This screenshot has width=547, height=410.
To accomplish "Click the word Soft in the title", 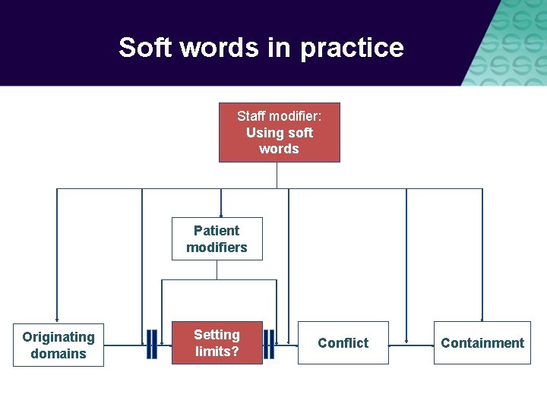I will point(144,48).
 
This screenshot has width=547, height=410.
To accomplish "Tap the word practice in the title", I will point(352,48).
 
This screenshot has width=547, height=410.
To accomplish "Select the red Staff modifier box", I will point(279,132).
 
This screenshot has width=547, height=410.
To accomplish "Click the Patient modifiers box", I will point(217,238).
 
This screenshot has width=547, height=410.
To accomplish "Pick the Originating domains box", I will point(58,345).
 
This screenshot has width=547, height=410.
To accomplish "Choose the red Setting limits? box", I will point(217,342).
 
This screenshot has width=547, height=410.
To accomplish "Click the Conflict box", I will point(343,342).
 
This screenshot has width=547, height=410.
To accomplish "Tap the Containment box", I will point(482,342).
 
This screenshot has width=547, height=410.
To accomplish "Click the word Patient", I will point(217,230).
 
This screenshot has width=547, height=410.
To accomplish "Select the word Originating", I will point(58,336).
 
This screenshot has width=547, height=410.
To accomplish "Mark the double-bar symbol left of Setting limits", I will point(152,344).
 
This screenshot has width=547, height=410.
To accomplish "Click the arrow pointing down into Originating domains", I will point(57,319).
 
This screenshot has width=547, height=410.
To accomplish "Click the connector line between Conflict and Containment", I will point(410,345).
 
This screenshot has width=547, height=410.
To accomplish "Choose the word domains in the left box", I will point(58,353).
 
